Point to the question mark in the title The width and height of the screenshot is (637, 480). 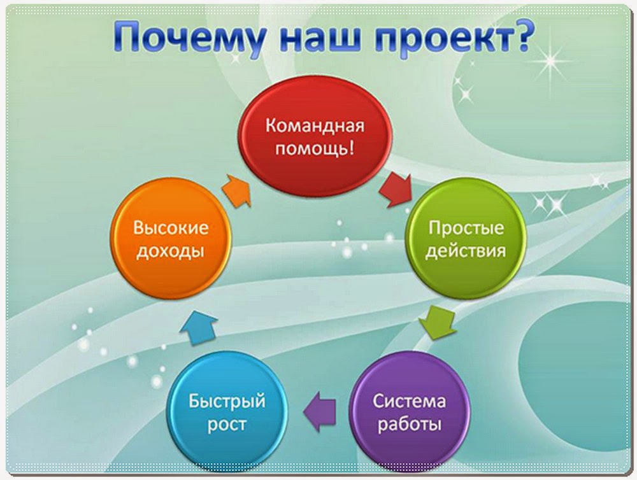pos(520,35)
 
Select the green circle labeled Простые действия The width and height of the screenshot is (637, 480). pos(466,238)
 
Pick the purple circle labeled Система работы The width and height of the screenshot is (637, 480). pos(410,412)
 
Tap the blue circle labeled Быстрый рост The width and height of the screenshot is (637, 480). pos(227,412)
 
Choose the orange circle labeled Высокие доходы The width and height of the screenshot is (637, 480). pos(171,238)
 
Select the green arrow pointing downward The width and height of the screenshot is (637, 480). pos(438,323)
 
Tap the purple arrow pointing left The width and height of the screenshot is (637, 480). pos(320,411)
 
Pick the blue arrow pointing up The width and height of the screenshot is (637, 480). pos(198,328)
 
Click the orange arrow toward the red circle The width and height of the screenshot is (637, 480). pos(237,191)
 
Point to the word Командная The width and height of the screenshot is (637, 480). pos(315,125)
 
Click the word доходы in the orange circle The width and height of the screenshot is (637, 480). pos(170,251)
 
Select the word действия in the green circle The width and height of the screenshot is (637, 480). pos(466,251)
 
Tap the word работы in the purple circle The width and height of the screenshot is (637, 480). pos(410,425)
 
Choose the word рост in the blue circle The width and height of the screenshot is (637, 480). pos(227,425)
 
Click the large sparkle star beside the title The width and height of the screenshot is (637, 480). pos(551,62)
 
